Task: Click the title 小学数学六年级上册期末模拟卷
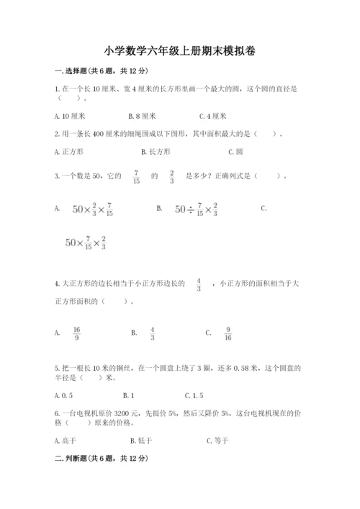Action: pos(179,51)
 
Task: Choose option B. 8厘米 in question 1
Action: pos(142,115)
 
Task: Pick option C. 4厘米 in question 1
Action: pos(217,115)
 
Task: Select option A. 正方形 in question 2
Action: pos(69,151)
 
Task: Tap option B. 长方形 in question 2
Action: pos(156,151)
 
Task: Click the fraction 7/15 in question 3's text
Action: pos(136,176)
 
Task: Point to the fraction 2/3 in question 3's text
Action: pos(172,176)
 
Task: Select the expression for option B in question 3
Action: pos(196,209)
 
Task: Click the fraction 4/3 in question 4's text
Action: pos(198,284)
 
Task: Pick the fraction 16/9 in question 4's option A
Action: pos(76,333)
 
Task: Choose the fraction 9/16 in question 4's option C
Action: pos(228,333)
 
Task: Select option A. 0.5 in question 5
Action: pos(65,395)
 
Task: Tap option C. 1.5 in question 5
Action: pos(194,395)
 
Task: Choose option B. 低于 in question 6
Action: pos(142,440)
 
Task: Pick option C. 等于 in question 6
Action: pos(218,440)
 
